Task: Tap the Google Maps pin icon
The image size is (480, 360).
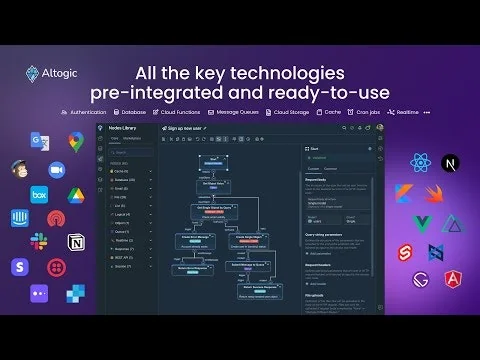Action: click(x=75, y=141)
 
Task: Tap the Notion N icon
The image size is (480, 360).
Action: click(x=75, y=243)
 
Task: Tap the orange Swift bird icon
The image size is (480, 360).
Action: click(x=433, y=192)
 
